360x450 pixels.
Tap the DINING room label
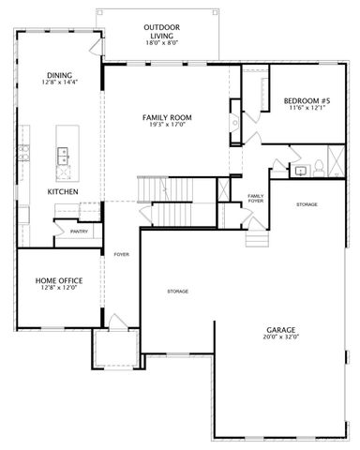[60, 77]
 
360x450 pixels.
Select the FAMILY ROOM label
[167, 118]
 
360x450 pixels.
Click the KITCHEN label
[63, 191]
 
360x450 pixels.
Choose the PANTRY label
[79, 231]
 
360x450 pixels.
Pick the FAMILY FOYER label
[255, 198]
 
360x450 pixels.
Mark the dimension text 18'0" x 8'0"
[161, 43]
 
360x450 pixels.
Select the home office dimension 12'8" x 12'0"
[58, 289]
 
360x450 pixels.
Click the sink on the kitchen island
[64, 155]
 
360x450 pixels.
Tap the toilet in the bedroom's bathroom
[318, 167]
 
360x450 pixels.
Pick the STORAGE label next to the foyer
[178, 292]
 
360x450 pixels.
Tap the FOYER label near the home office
[121, 254]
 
